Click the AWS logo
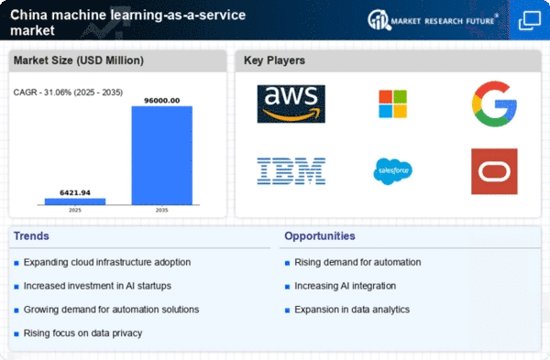[x=291, y=104]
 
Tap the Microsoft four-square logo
[x=393, y=104]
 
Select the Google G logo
[x=494, y=104]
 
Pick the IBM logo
[x=291, y=171]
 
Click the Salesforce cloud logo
[x=393, y=171]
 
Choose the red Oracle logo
[x=494, y=171]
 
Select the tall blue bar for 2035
[x=162, y=156]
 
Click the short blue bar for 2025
[x=75, y=202]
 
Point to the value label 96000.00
[x=162, y=101]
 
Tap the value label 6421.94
[x=75, y=192]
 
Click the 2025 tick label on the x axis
[x=75, y=211]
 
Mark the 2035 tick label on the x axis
[x=162, y=211]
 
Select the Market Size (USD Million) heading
[x=79, y=60]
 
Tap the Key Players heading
[x=274, y=60]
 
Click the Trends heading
[x=31, y=236]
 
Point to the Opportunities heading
[x=320, y=236]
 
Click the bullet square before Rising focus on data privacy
[x=16, y=334]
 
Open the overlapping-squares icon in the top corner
[x=530, y=20]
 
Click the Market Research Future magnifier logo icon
[x=379, y=20]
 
